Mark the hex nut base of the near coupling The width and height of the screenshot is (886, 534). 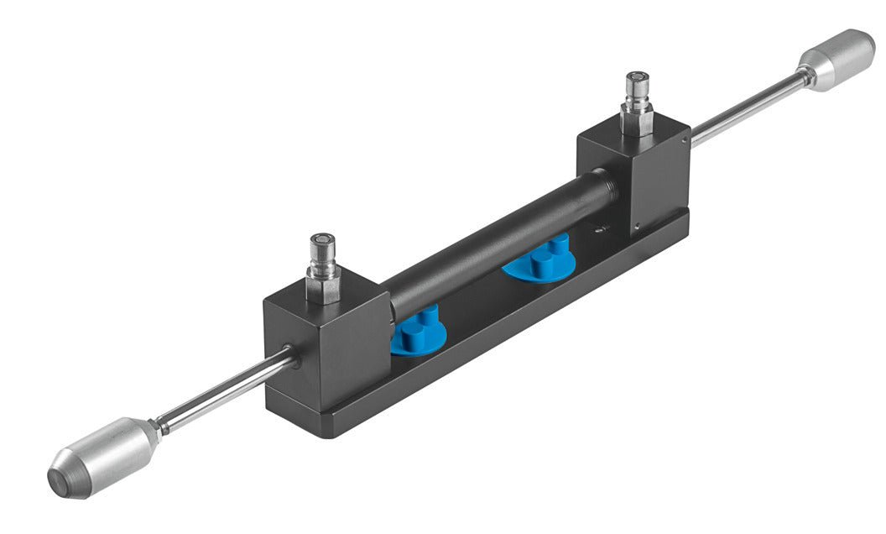(x=324, y=286)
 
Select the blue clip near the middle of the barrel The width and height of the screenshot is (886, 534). (x=539, y=260)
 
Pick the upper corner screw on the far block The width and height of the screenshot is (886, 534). (x=686, y=132)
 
